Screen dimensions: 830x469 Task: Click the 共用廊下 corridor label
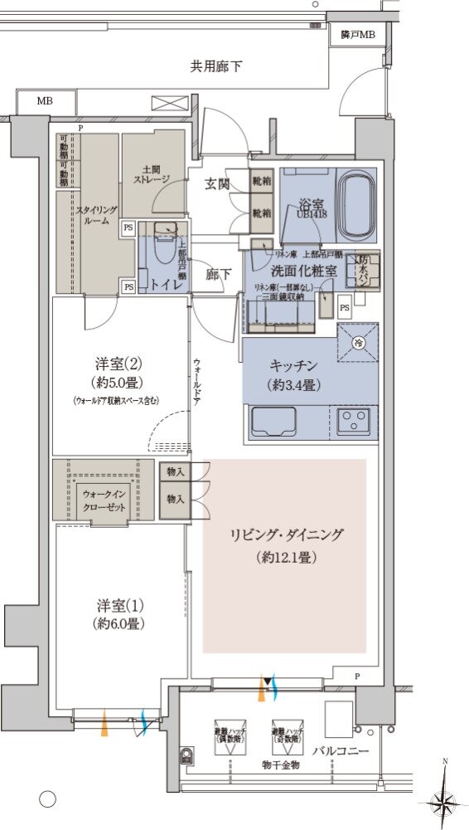216,66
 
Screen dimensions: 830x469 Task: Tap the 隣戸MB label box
357,35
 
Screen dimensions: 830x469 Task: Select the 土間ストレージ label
152,173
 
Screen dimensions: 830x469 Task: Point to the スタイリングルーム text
96,216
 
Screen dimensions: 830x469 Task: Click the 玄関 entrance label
218,183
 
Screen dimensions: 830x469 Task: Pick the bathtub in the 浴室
356,204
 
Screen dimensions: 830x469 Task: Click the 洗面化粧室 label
303,271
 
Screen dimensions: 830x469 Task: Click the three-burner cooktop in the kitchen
356,421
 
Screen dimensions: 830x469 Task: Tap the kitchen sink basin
273,422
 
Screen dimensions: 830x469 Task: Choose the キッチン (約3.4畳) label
293,375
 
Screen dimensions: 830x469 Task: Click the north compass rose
443,802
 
